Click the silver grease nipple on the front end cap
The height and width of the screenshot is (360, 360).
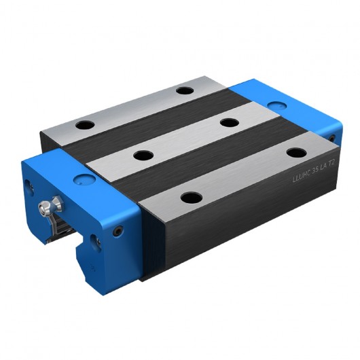51,203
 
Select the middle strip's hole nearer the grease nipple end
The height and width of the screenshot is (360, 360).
143,155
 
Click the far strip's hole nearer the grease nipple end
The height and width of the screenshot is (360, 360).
86,126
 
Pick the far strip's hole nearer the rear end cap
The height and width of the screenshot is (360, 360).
184,90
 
